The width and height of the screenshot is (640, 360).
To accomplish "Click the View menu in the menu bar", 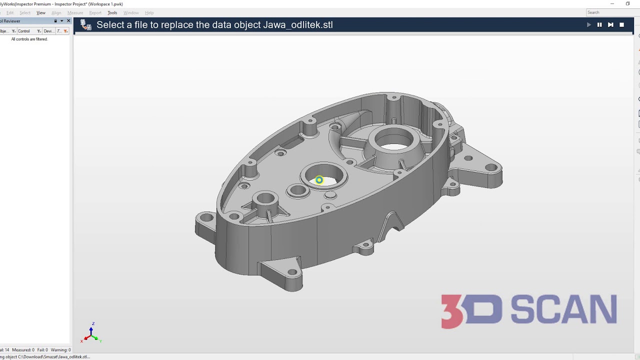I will click(41, 12).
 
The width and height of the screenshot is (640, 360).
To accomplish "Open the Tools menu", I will click(112, 12).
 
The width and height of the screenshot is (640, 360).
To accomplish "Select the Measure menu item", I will click(75, 12).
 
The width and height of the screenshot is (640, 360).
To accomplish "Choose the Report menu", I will click(95, 12).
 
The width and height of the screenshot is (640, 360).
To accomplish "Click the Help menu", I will click(149, 12).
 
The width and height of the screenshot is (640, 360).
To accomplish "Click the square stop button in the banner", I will click(621, 24).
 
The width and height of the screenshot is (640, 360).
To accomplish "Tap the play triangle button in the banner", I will click(588, 24).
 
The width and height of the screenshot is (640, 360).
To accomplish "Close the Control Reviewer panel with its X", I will click(68, 21).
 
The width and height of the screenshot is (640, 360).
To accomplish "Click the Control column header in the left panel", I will click(24, 31).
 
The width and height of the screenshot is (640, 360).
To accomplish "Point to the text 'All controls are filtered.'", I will click(29, 39).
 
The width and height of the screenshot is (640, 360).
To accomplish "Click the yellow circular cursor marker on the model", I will click(319, 180).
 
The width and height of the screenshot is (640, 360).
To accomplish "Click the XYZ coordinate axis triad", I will click(91, 334).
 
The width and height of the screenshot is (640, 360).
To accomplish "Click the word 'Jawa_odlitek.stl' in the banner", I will click(297, 25).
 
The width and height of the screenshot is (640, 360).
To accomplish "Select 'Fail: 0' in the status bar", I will click(42, 350).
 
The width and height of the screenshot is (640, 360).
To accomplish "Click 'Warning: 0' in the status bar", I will click(60, 350).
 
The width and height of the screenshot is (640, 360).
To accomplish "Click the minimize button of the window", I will click(612, 4).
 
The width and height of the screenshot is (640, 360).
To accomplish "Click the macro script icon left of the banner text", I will click(86, 25).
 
